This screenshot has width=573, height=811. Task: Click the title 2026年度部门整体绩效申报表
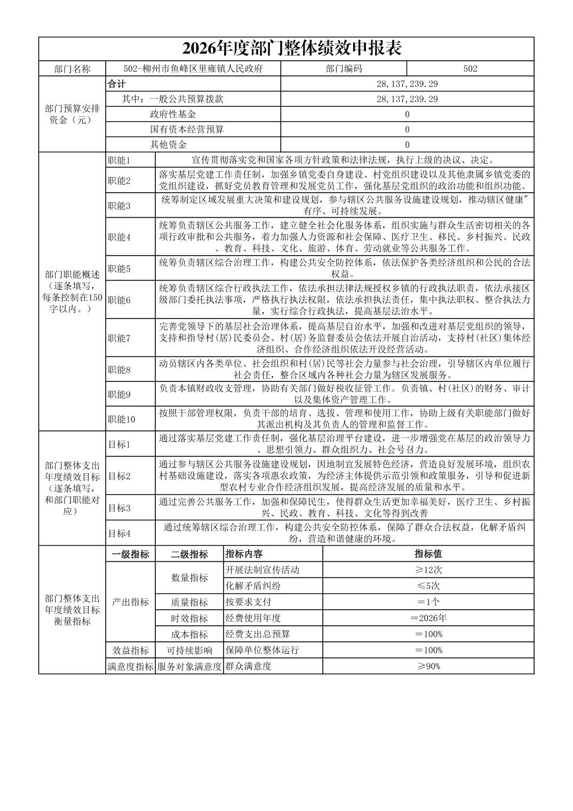click(x=291, y=49)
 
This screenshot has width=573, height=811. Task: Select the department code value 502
click(x=470, y=69)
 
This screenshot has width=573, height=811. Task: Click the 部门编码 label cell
click(x=344, y=69)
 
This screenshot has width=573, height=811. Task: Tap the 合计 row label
click(x=117, y=84)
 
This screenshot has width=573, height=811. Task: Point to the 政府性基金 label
click(x=173, y=114)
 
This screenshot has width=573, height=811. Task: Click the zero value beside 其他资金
click(x=407, y=145)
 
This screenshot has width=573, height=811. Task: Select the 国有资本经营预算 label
click(x=187, y=130)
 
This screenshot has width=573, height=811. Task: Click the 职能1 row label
click(x=119, y=161)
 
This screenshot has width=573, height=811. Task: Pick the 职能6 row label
click(x=119, y=300)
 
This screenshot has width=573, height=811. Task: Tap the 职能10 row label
click(x=121, y=419)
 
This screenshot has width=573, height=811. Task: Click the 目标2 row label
click(x=119, y=476)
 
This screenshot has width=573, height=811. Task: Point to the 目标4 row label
click(x=119, y=533)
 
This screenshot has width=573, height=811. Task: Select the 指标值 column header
click(x=428, y=554)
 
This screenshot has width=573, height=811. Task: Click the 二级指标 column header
click(x=189, y=554)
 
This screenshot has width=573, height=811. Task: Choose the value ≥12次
click(x=428, y=570)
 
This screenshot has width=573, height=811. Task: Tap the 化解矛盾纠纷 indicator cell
click(x=253, y=586)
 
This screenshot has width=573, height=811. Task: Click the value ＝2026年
click(x=428, y=618)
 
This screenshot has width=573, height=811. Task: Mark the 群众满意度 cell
click(x=249, y=666)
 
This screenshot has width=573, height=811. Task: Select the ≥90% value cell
click(x=428, y=666)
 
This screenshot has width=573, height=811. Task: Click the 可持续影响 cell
click(x=189, y=650)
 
